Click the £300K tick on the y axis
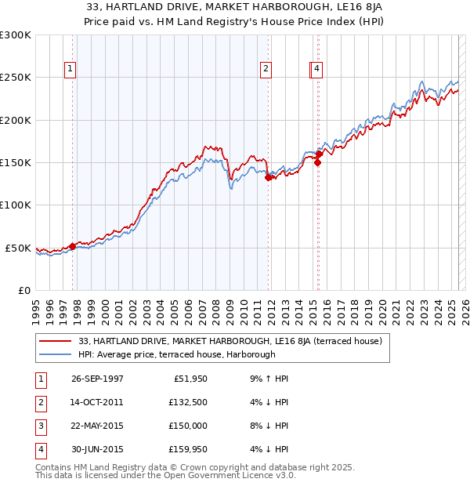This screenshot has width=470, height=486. (x=16, y=35)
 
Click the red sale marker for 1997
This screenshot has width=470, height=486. (x=73, y=246)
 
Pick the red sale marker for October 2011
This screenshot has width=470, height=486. (x=268, y=178)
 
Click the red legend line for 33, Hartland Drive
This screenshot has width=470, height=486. (x=56, y=341)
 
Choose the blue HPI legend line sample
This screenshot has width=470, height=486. (x=56, y=354)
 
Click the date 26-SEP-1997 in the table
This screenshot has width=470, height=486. (x=97, y=379)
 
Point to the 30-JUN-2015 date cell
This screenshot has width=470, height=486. (x=97, y=449)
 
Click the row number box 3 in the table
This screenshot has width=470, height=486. (x=40, y=426)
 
